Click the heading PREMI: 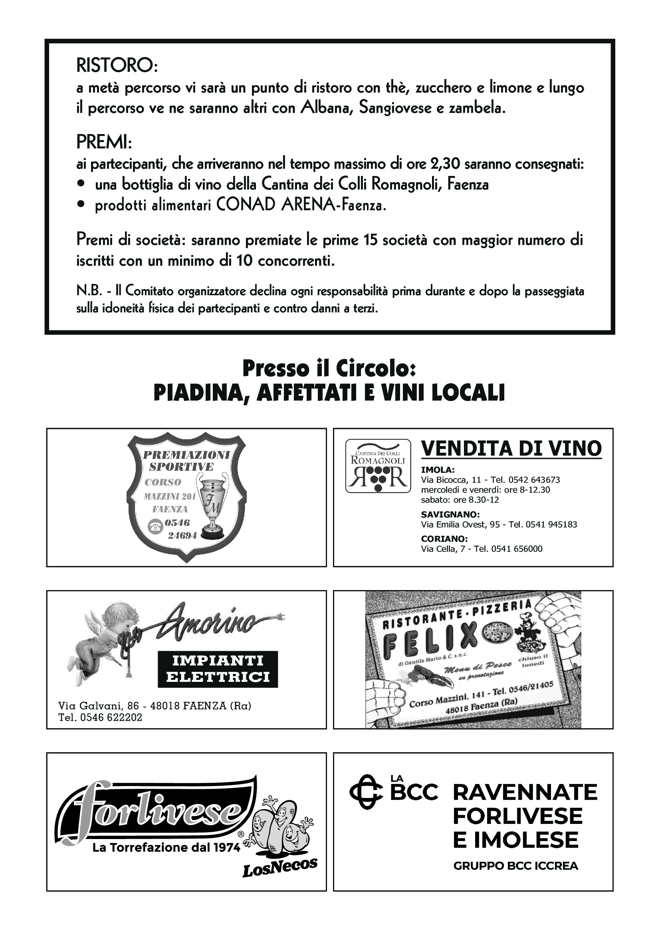tap(104, 142)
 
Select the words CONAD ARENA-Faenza tap(301, 205)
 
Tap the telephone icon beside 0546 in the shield tap(155, 527)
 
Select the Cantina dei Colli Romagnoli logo tap(378, 466)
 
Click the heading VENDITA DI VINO tap(511, 448)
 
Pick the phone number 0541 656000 tap(517, 549)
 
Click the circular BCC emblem tap(366, 792)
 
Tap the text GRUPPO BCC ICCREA tap(515, 866)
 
